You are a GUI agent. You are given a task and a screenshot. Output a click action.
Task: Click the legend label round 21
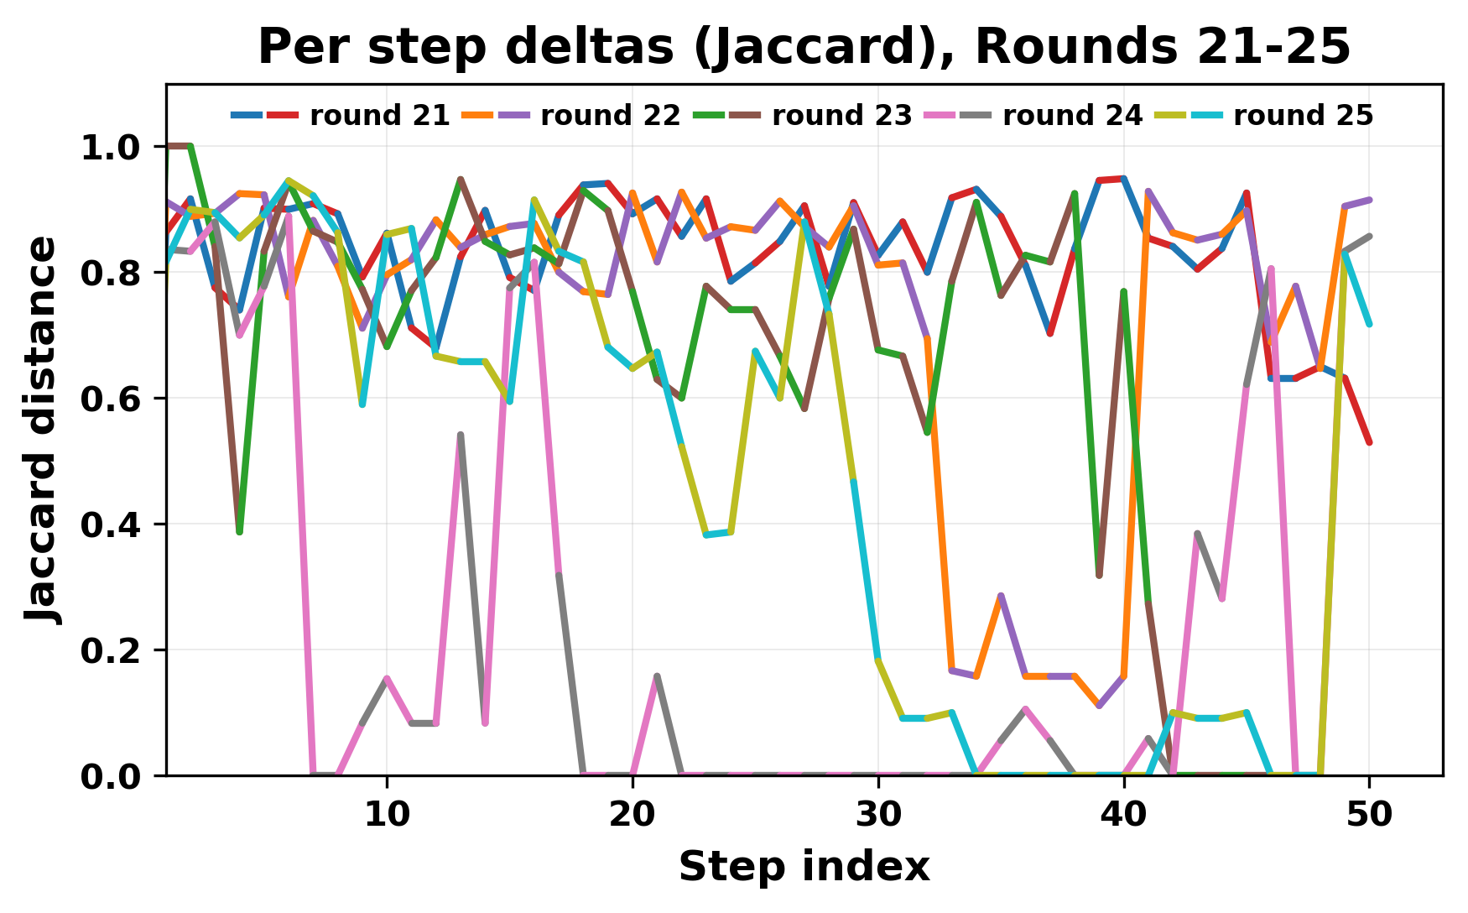[380, 116]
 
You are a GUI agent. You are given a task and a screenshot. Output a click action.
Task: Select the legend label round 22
[611, 116]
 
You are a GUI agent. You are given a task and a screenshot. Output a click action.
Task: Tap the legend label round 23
[841, 116]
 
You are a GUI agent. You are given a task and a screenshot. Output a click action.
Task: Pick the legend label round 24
[1072, 116]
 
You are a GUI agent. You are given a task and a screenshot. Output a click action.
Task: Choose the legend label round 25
[1303, 116]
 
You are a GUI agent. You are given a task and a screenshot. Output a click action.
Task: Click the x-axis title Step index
[804, 867]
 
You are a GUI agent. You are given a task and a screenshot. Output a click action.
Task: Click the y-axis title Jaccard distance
[42, 430]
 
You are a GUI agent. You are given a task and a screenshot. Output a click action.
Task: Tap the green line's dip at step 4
[239, 532]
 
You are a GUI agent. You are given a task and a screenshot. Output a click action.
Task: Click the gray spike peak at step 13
[461, 435]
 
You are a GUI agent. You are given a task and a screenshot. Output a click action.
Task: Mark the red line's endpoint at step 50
[1369, 442]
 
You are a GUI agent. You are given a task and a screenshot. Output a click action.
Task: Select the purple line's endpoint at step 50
[1369, 200]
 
